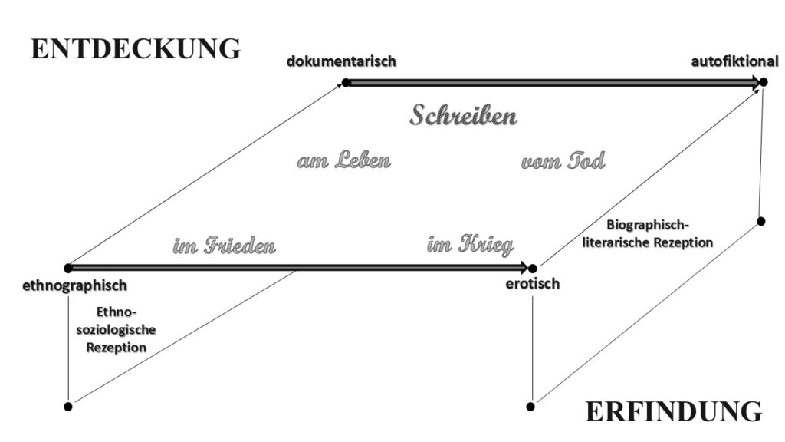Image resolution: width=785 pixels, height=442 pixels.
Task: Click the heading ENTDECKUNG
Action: click(136, 48)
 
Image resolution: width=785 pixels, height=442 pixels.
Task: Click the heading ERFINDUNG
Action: click(673, 411)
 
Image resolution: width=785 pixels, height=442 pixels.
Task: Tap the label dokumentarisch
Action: click(341, 61)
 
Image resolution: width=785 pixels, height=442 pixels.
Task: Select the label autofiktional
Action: click(734, 61)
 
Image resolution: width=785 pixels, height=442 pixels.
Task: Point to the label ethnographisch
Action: click(74, 285)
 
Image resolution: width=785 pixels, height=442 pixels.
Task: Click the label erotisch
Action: click(533, 284)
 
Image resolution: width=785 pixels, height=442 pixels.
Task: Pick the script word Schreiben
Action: click(463, 115)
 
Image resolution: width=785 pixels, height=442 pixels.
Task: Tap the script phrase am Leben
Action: click(344, 160)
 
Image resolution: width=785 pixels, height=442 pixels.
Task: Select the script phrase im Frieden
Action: click(225, 246)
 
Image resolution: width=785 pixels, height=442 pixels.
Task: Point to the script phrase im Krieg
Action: click(471, 245)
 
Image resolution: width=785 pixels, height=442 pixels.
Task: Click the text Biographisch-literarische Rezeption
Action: click(647, 233)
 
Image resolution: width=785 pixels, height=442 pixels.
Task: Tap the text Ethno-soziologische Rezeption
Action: click(117, 330)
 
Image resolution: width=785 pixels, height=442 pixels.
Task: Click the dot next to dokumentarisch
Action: click(346, 82)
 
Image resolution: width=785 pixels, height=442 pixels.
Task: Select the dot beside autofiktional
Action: click(763, 81)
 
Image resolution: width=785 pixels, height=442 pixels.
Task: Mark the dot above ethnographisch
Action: click(68, 268)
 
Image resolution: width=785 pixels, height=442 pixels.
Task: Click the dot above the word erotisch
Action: click(533, 269)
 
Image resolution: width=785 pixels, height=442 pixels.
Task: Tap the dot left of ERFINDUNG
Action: click(530, 407)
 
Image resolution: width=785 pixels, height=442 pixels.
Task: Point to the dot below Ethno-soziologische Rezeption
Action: click(68, 407)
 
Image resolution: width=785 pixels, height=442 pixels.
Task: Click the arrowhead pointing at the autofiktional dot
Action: click(755, 82)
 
